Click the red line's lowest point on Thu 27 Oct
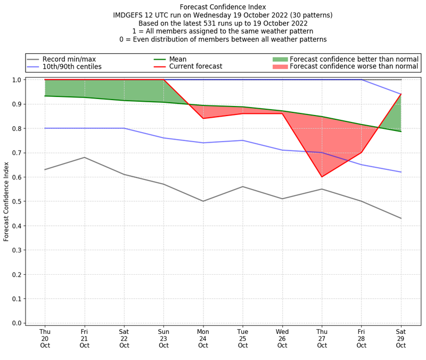coord(322,177)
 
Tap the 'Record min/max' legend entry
coord(69,59)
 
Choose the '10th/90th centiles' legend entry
coord(72,67)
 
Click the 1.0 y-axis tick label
coord(16,80)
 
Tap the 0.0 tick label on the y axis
coord(16,323)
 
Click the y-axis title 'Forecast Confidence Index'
coord(7,201)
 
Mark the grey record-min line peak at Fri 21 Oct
coord(84,157)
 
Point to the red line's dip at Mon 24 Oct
coord(203,118)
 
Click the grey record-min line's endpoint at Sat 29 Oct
coord(401,218)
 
